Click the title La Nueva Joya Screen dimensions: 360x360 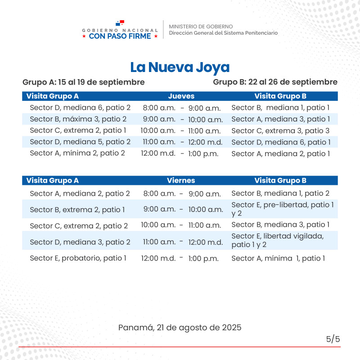tap(180, 67)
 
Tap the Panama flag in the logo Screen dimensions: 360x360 tap(120, 22)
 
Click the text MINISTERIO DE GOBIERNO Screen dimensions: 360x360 tap(201, 27)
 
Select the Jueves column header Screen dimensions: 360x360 tap(181, 96)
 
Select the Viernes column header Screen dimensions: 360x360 tap(181, 180)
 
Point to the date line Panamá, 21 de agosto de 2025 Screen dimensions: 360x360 tap(180, 327)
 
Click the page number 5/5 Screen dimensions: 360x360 tap(333, 339)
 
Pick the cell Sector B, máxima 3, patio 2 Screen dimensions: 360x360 tap(78, 119)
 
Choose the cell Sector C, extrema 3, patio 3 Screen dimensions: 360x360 tap(280, 130)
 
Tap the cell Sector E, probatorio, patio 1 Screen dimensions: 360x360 tap(78, 258)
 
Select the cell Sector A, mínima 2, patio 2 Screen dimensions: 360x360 tap(77, 153)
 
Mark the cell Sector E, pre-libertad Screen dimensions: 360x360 tap(282, 209)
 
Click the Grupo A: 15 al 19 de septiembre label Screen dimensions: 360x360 tap(84, 82)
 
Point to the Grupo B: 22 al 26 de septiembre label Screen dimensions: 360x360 tap(275, 82)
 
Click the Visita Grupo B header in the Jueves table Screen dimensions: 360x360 tap(280, 96)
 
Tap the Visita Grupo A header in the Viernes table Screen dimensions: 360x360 tap(53, 180)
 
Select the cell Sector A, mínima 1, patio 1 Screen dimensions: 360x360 tap(278, 258)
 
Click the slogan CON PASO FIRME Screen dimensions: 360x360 tap(120, 36)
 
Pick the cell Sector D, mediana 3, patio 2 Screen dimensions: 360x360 tap(80, 242)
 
